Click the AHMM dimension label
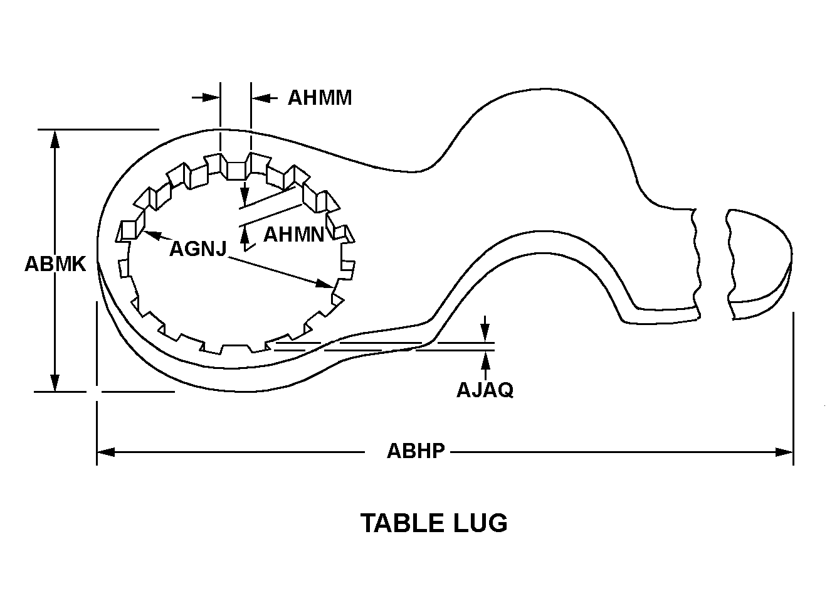[x=320, y=98]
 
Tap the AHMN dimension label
[x=293, y=235]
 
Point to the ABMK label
[x=55, y=264]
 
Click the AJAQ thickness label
[x=485, y=390]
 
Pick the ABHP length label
[x=416, y=451]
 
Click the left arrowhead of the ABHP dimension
[x=105, y=452]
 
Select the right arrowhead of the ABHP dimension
[x=785, y=452]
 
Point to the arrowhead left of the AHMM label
[x=213, y=98]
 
